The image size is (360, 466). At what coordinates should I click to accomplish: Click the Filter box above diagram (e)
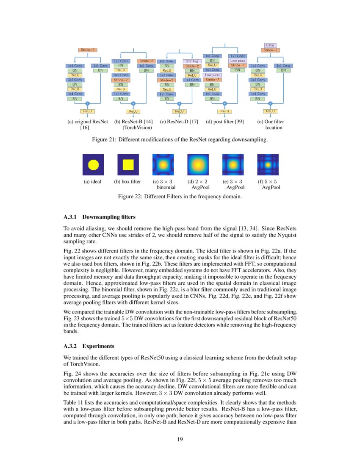tap(270, 45)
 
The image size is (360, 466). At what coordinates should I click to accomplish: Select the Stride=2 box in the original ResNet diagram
tap(88, 50)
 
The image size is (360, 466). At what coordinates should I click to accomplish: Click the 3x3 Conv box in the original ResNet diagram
tap(75, 80)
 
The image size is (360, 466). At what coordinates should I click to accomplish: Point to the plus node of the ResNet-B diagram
tap(133, 103)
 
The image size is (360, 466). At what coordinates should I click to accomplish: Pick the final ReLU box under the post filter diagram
tap(224, 111)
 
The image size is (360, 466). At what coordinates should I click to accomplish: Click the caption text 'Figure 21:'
tap(105, 139)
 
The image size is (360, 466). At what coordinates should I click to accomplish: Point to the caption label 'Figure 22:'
tap(131, 197)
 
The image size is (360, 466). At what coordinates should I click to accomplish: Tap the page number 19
tap(180, 439)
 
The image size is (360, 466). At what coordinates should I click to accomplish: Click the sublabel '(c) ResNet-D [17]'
tap(179, 122)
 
